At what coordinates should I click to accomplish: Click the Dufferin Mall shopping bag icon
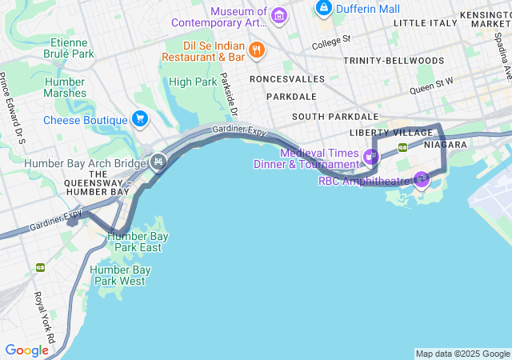[x=324, y=9]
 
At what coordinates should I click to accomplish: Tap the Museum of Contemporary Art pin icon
[x=279, y=14]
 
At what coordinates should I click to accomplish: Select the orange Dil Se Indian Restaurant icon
[x=257, y=50]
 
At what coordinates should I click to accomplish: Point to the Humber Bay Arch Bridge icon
[x=158, y=162]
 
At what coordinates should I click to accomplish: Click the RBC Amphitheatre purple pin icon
[x=422, y=178]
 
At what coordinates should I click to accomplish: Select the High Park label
[x=193, y=82]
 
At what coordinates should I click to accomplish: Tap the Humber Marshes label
[x=65, y=87]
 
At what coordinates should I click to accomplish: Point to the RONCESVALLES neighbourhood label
[x=286, y=79]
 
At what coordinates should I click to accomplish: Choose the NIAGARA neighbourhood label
[x=446, y=145]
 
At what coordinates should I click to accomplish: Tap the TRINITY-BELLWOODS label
[x=393, y=61]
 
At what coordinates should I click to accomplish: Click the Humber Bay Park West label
[x=121, y=275]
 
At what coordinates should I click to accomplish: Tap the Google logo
[x=26, y=350]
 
